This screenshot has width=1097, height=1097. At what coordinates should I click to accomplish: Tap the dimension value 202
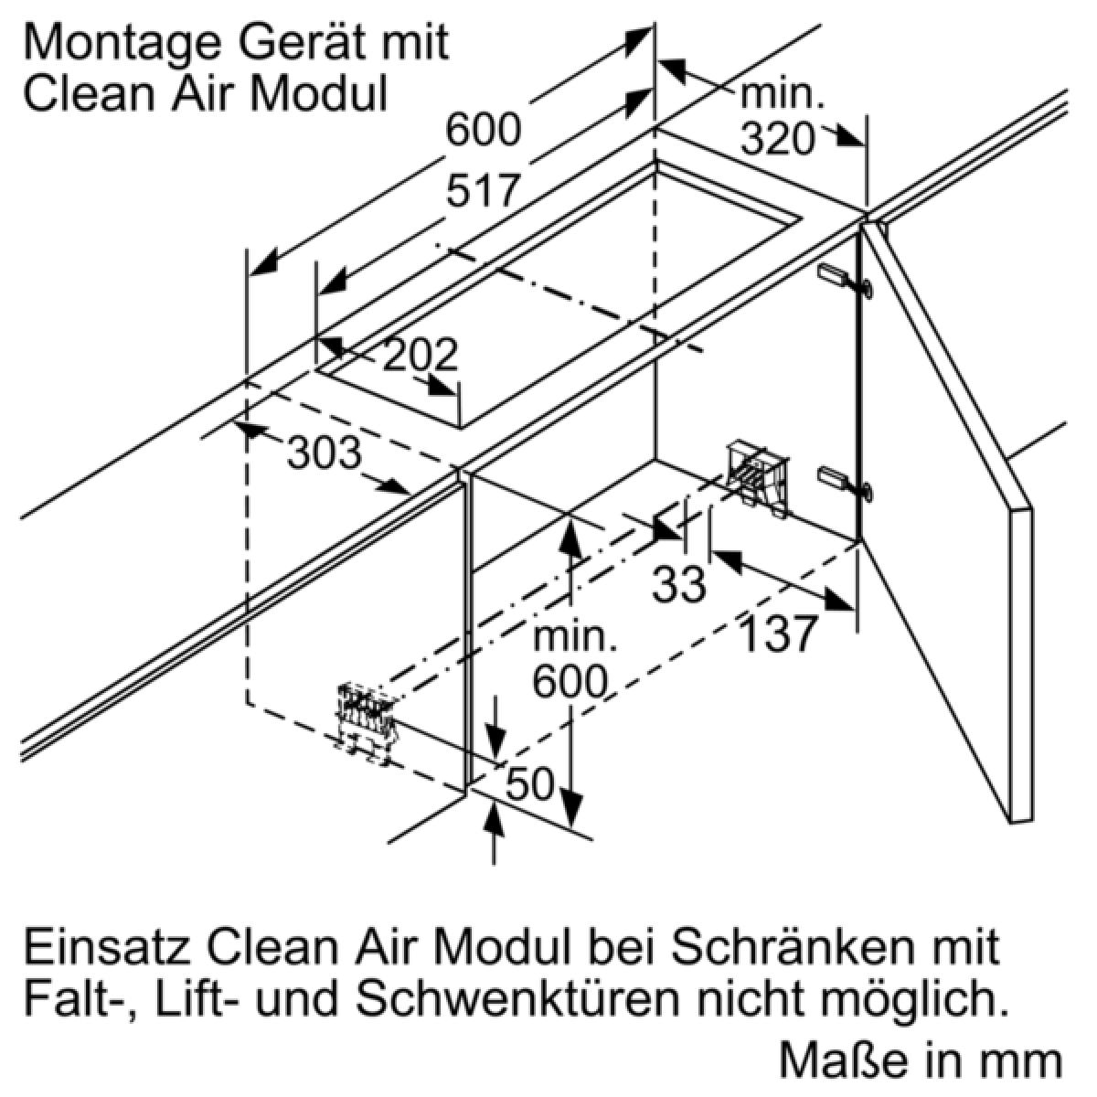(x=419, y=356)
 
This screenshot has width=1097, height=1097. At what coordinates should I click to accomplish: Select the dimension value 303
(x=325, y=453)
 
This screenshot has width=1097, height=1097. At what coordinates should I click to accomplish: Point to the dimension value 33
(x=679, y=583)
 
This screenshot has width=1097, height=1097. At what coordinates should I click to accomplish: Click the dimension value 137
(x=776, y=634)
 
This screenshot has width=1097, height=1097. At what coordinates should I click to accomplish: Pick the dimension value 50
(x=529, y=783)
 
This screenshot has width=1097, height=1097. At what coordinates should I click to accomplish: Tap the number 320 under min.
(x=776, y=139)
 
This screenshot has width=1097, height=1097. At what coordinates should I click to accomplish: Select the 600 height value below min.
(x=570, y=681)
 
